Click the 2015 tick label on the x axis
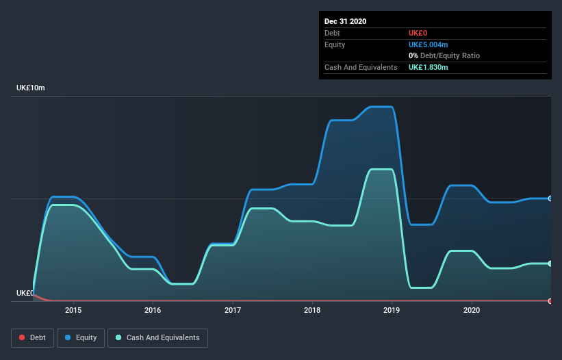[73, 310]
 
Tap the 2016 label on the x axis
[153, 310]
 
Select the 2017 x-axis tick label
[233, 310]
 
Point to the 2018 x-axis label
[312, 310]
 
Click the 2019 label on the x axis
[392, 310]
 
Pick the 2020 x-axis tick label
[472, 310]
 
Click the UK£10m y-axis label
[31, 88]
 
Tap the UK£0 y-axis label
[25, 293]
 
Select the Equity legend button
[81, 337]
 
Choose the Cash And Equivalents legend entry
[157, 337]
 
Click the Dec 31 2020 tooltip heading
[345, 21]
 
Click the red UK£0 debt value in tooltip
[419, 33]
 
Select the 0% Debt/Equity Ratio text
[444, 55]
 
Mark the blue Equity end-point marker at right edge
[550, 198]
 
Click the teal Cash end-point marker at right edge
[550, 263]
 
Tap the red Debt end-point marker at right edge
[550, 301]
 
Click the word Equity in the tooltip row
[335, 44]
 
